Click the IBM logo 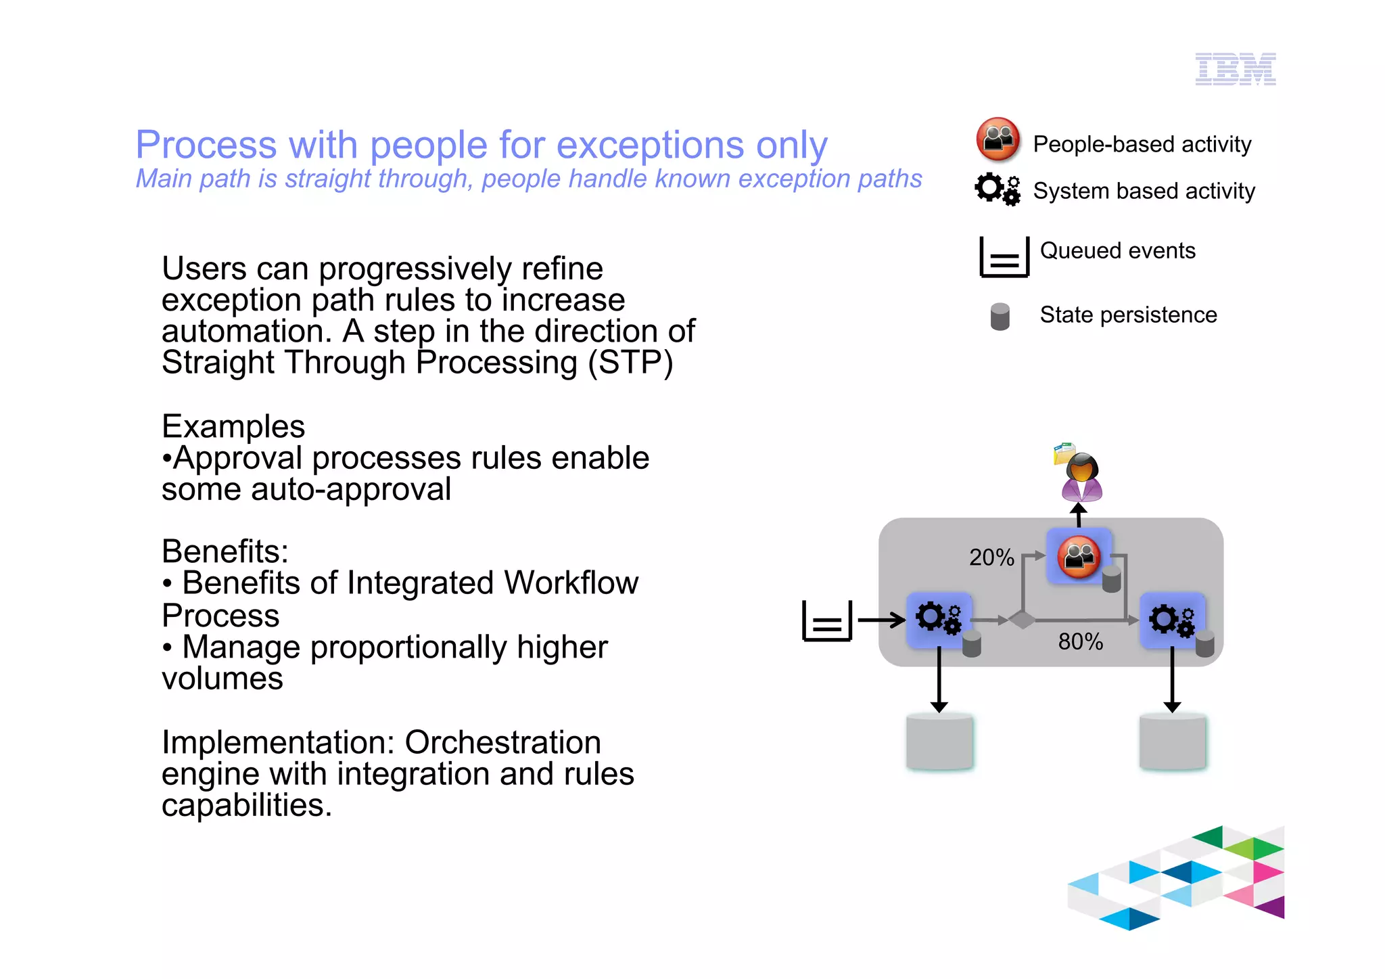[1235, 69]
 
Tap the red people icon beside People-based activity [998, 139]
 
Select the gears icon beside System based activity [997, 189]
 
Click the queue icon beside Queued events [1004, 257]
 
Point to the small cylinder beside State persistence [1000, 316]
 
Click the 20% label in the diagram [991, 557]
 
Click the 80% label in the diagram [1080, 641]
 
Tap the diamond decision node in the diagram [1022, 619]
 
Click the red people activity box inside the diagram [1079, 556]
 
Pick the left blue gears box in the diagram [939, 619]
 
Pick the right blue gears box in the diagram [1172, 619]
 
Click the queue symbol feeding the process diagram [826, 620]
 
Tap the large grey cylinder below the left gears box [939, 742]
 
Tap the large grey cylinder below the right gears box [1172, 742]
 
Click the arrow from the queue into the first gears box [881, 619]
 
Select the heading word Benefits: [225, 551]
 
